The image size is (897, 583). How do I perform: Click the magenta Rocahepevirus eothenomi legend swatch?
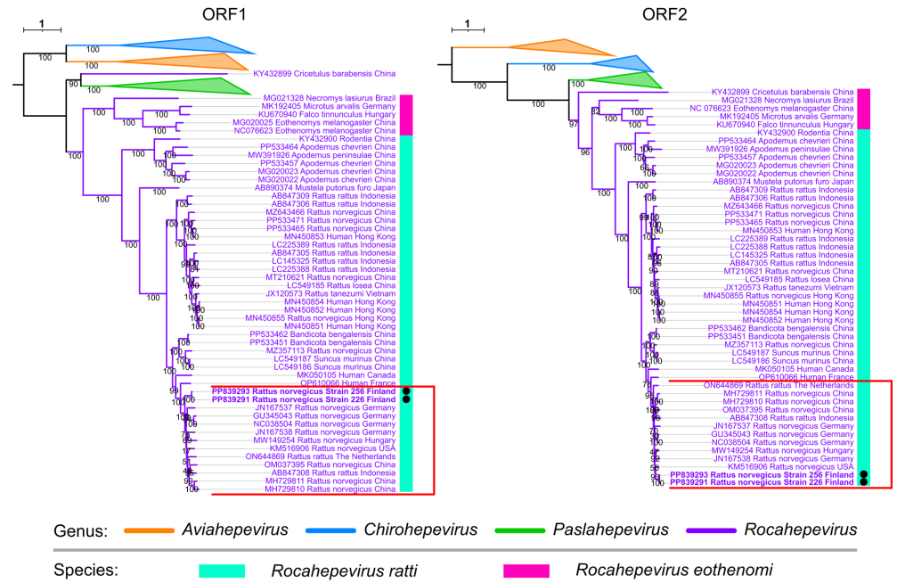point(521,569)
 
